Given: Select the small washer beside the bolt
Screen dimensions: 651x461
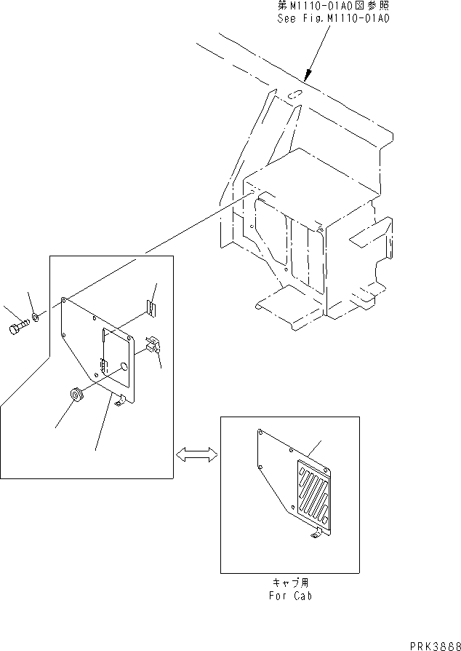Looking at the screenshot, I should click(x=36, y=317).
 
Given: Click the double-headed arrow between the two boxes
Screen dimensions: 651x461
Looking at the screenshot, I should click(x=197, y=454).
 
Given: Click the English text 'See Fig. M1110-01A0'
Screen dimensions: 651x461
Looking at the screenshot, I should click(x=333, y=17).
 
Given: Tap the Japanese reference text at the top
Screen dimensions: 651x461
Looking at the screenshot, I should click(x=333, y=6).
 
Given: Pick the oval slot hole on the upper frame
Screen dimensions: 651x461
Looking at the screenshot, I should click(x=294, y=94).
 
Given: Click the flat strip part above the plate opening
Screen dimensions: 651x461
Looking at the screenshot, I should click(x=151, y=308).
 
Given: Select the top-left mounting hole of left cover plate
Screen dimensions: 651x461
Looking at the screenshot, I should click(x=66, y=299).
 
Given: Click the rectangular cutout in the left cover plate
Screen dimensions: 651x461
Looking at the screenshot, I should click(x=114, y=352).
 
